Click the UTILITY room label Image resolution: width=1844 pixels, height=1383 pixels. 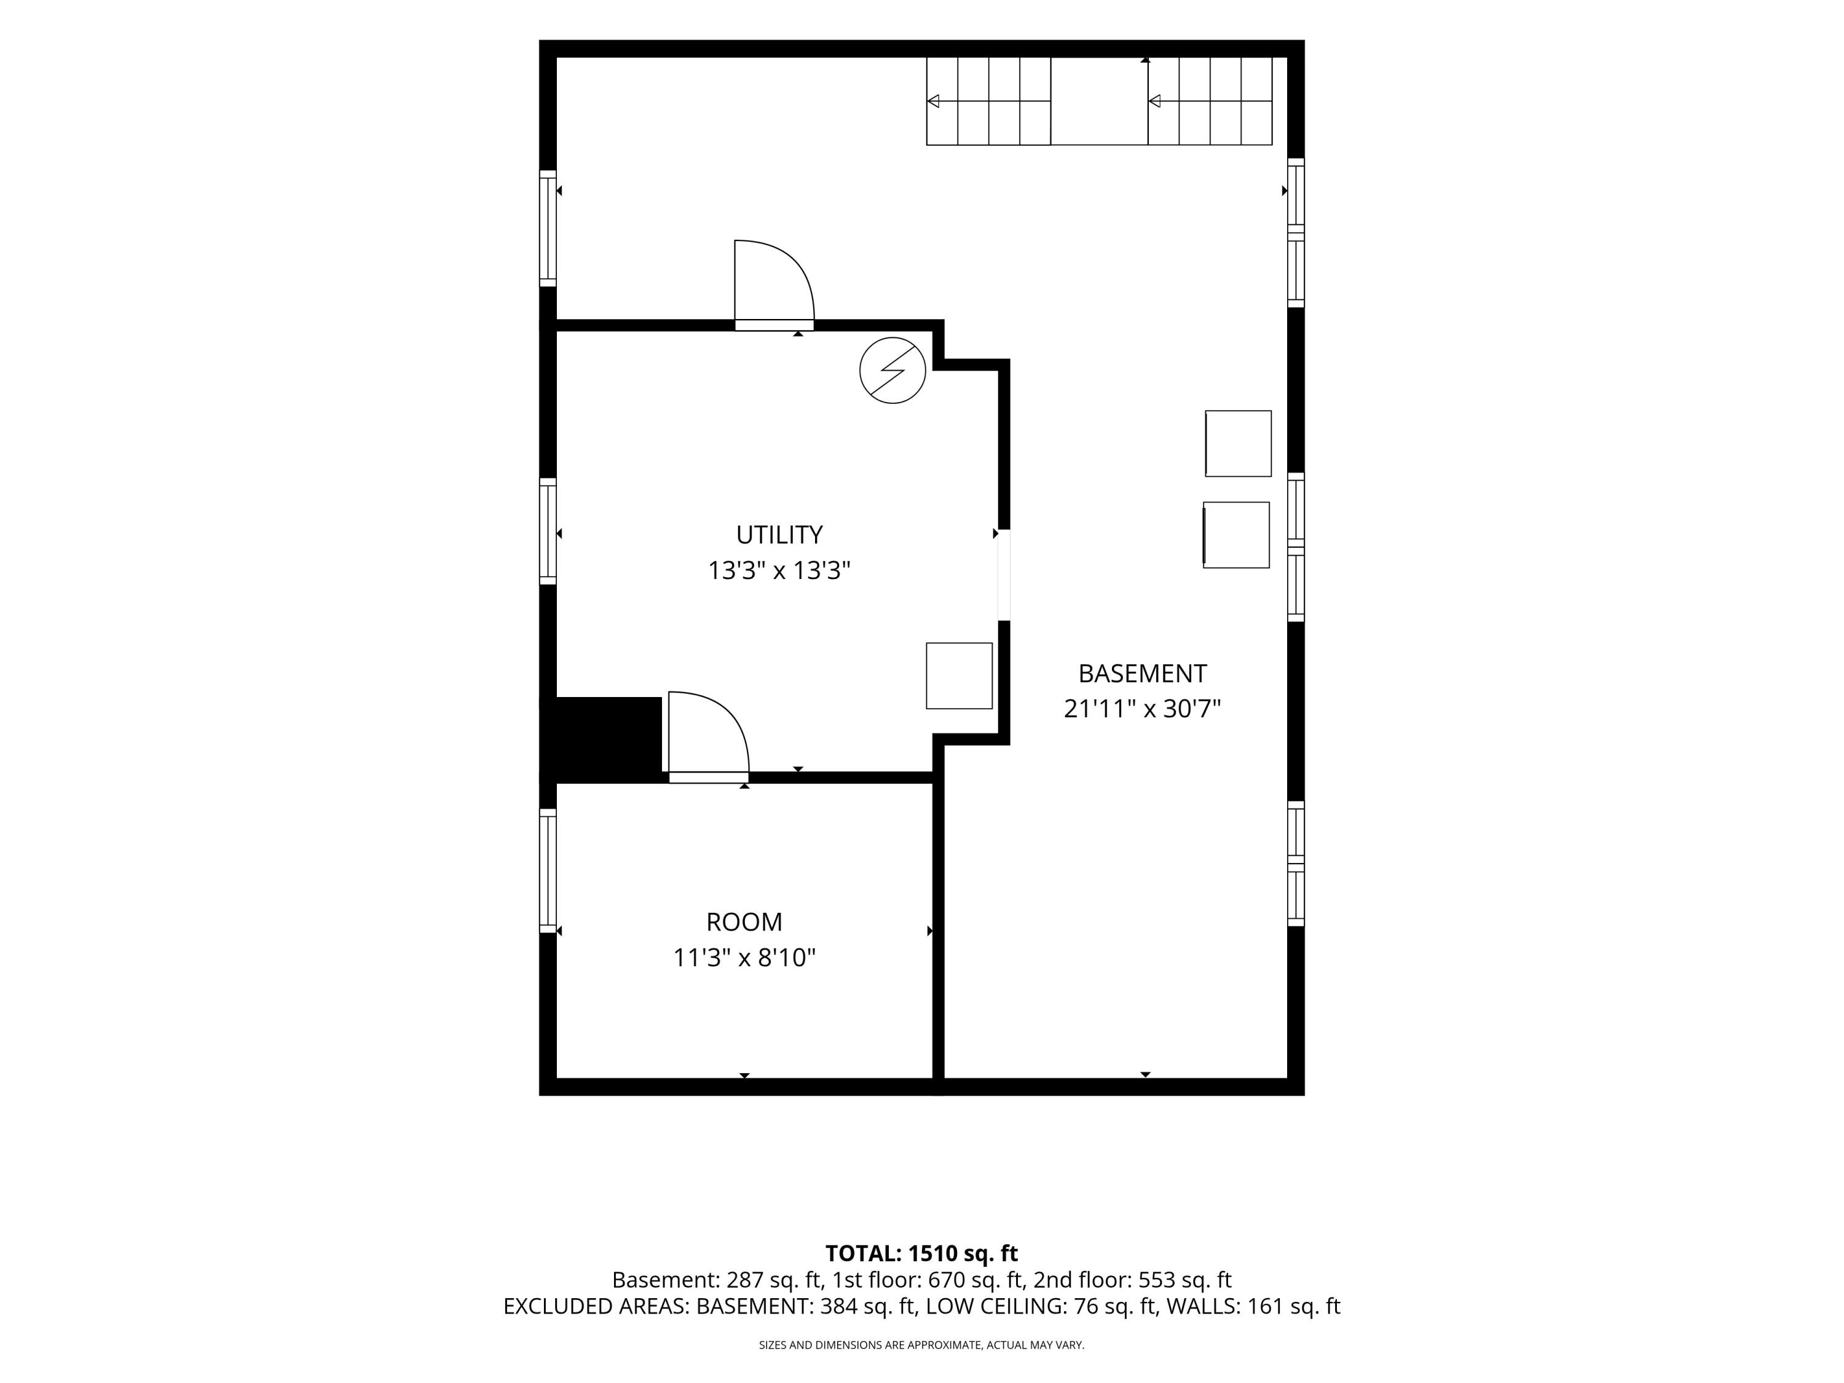coord(779,534)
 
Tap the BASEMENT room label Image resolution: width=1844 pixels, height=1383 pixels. coord(1142,674)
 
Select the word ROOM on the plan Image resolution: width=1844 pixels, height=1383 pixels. coord(744,922)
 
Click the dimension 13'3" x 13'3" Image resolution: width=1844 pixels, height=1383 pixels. coord(779,571)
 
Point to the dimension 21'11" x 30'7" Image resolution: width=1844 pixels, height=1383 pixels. coord(1142,709)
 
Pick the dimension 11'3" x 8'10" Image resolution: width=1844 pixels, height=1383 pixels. coord(744,958)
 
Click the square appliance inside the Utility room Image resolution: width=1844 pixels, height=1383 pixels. coord(959,676)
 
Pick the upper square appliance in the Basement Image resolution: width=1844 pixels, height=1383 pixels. coord(1238,444)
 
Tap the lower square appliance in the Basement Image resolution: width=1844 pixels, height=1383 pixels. coord(1236,535)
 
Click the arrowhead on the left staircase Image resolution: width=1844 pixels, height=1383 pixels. coord(934,101)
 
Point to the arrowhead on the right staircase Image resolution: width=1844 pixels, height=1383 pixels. coord(1154,101)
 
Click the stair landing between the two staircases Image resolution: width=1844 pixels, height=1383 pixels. coord(1099,101)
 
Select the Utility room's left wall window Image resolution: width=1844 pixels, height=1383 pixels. coord(548,532)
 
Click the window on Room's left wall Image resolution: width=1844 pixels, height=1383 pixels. coord(548,870)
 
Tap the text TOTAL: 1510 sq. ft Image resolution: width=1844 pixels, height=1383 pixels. coord(921,1253)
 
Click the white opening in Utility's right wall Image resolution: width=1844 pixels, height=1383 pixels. coord(1004,575)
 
